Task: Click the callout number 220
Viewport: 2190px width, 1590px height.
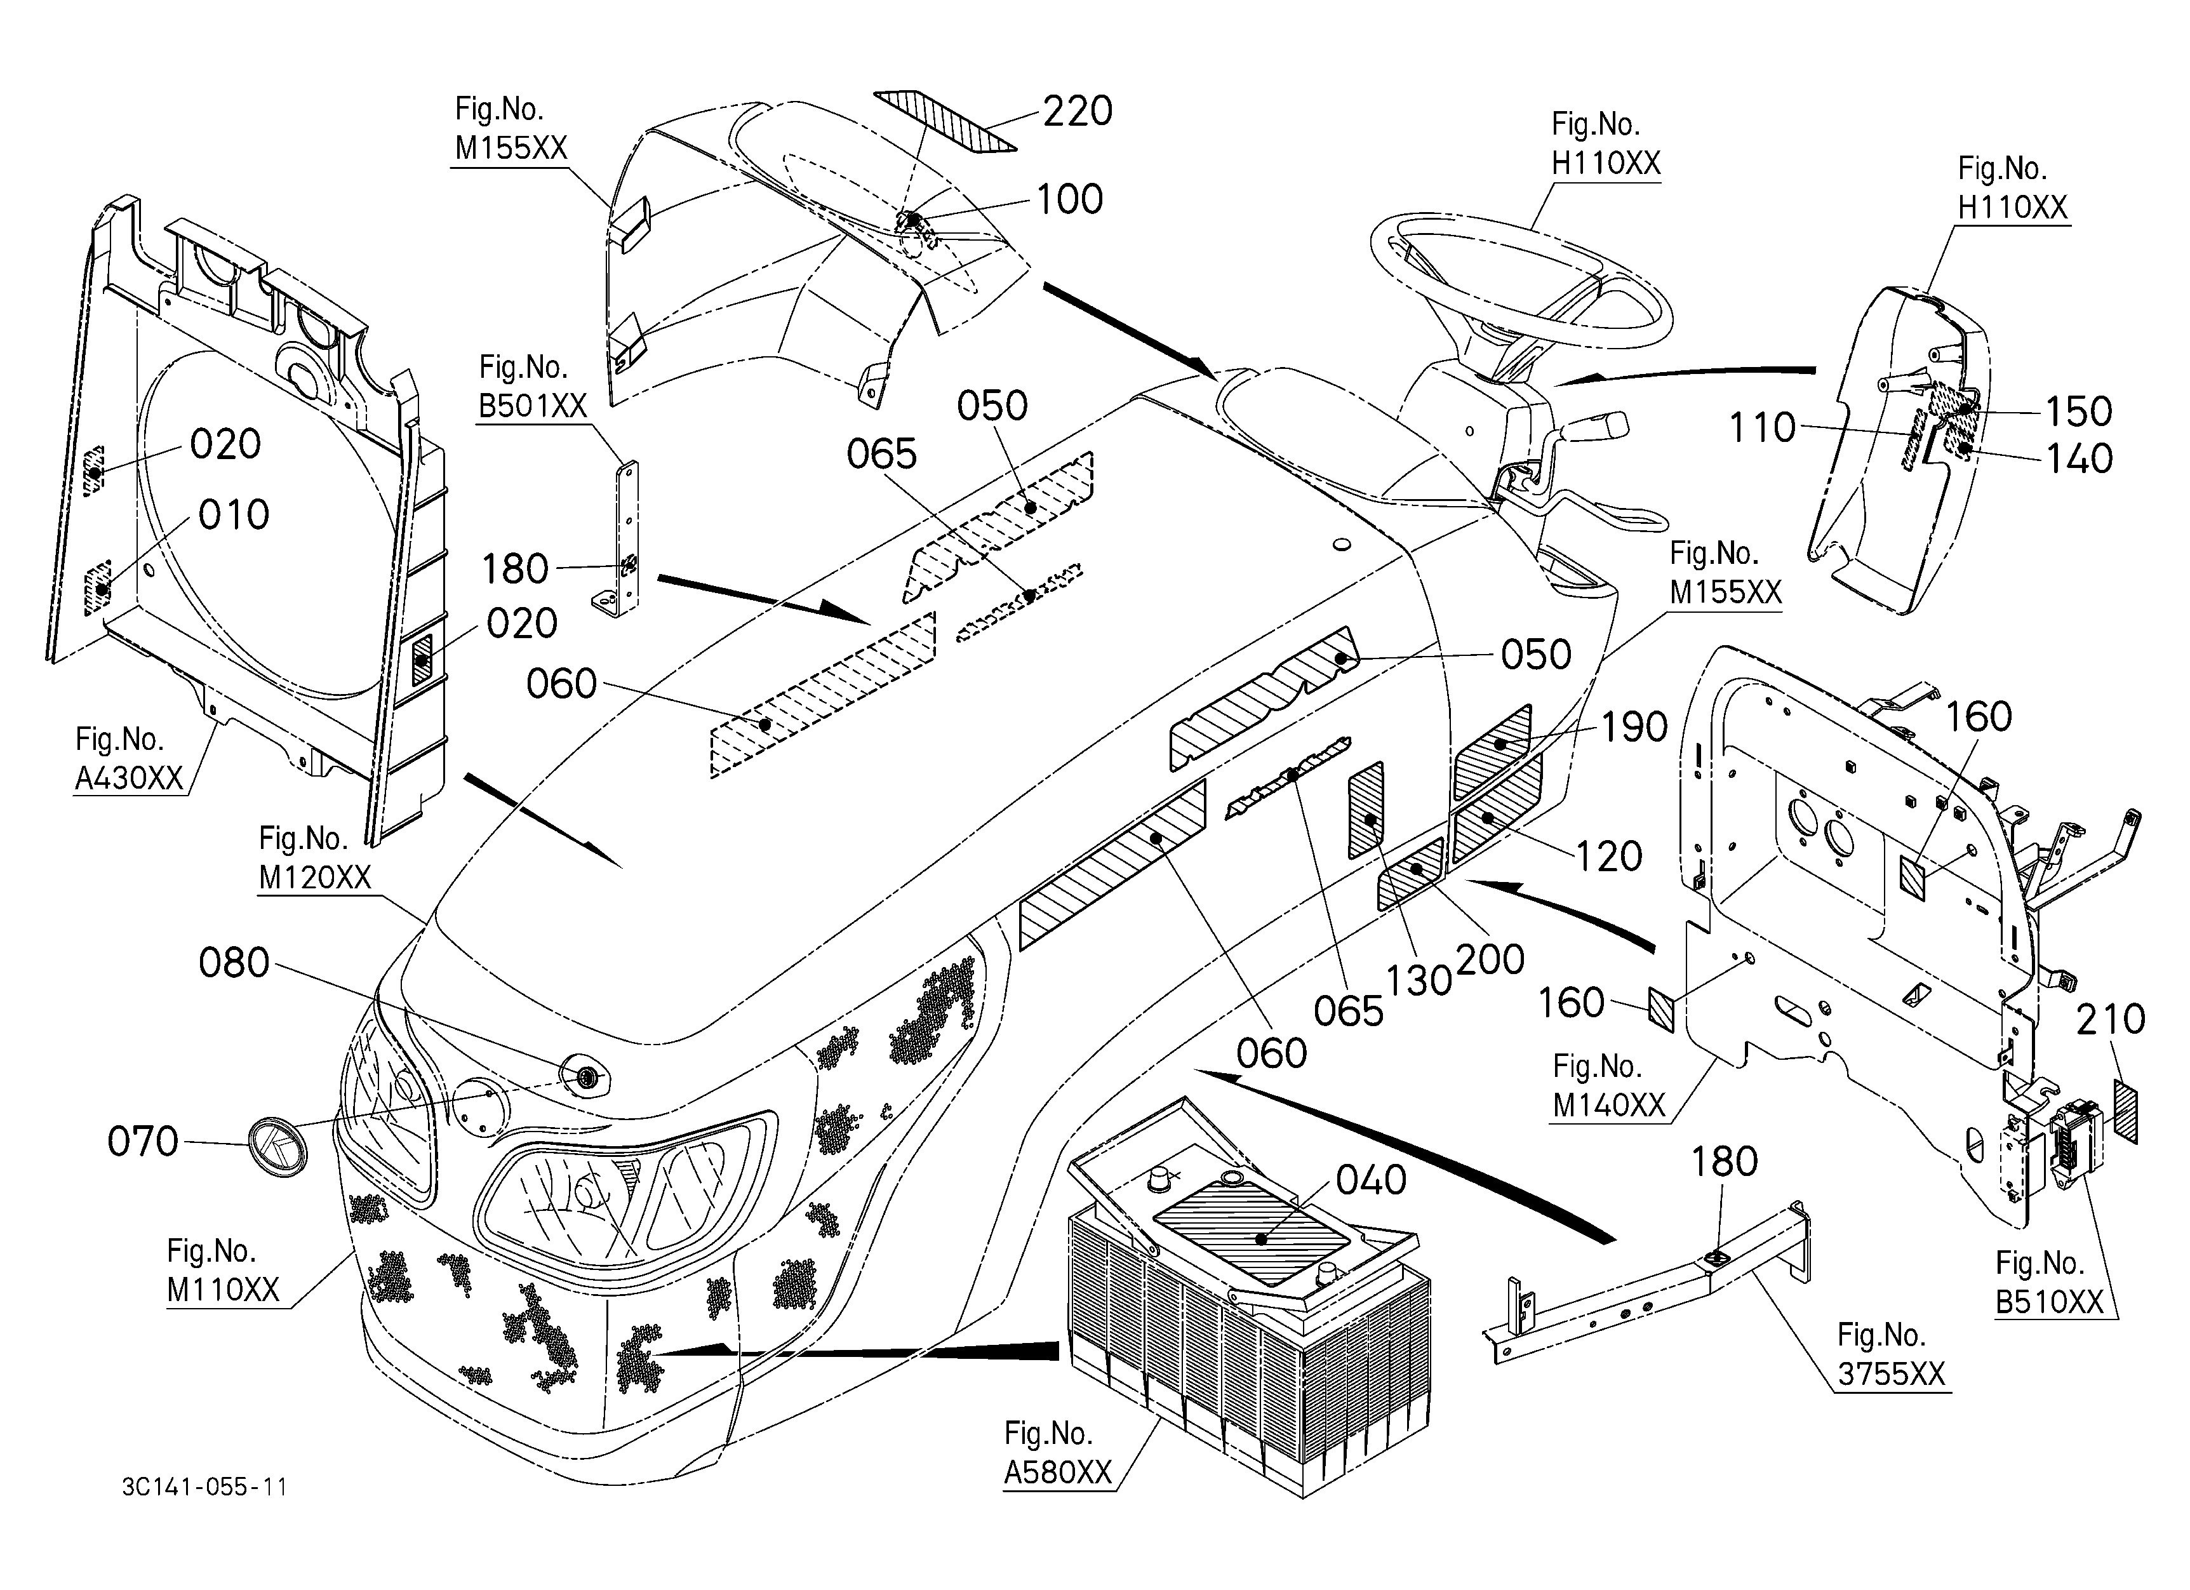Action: pyautogui.click(x=1078, y=112)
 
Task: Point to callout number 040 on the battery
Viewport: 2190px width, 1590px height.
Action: pyautogui.click(x=1371, y=1180)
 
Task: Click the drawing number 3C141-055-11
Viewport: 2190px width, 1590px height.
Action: pyautogui.click(x=204, y=1486)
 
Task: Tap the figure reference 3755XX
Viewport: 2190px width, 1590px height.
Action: pyautogui.click(x=1892, y=1373)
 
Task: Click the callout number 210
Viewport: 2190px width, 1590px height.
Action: pyautogui.click(x=2111, y=1019)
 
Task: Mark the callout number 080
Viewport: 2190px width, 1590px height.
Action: pyautogui.click(x=234, y=963)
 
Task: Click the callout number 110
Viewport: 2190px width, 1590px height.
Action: pyautogui.click(x=1762, y=428)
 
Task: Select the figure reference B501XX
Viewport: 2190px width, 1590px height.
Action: pyautogui.click(x=533, y=406)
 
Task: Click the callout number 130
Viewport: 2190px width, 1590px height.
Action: pyautogui.click(x=1419, y=981)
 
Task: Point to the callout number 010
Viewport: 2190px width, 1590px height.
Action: pyautogui.click(x=234, y=516)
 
